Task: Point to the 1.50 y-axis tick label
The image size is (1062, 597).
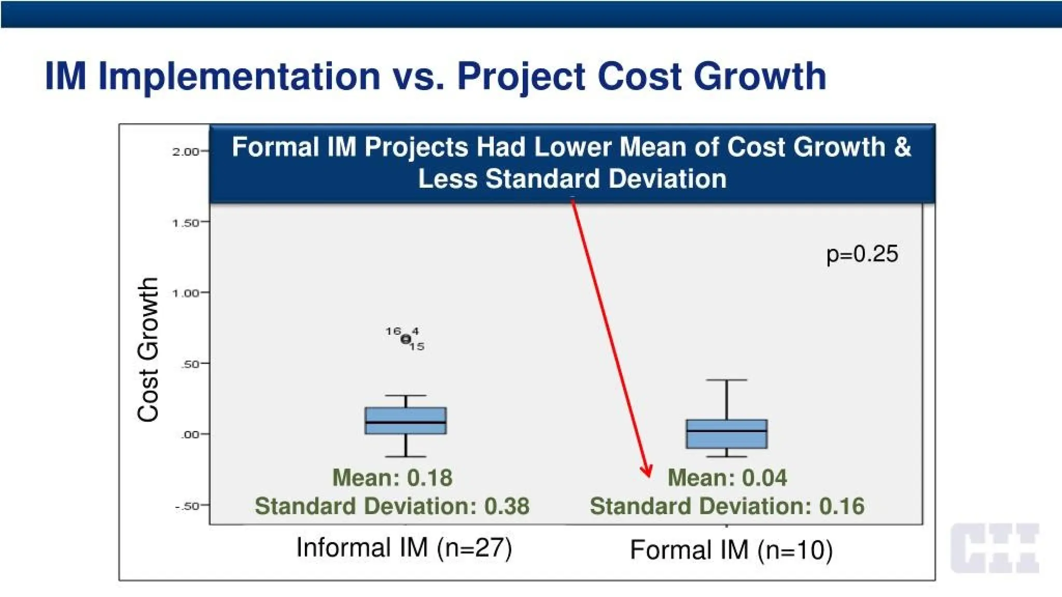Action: pyautogui.click(x=186, y=223)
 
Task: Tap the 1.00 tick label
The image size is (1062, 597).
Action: pyautogui.click(x=186, y=293)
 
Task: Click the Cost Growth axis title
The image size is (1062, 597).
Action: pyautogui.click(x=148, y=349)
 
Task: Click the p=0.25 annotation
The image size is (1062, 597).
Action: pyautogui.click(x=862, y=254)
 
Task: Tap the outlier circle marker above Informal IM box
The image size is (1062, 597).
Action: pyautogui.click(x=406, y=339)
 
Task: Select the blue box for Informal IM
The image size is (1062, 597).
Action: pyautogui.click(x=406, y=420)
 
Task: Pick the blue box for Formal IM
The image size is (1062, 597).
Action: pyautogui.click(x=726, y=434)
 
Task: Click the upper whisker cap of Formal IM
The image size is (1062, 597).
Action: pyautogui.click(x=726, y=380)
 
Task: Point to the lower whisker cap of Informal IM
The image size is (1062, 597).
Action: pyautogui.click(x=406, y=457)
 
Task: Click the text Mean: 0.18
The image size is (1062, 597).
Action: pyautogui.click(x=392, y=477)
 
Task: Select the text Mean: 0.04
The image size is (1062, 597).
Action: pyautogui.click(x=727, y=477)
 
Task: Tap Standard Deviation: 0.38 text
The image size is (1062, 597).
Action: pyautogui.click(x=392, y=506)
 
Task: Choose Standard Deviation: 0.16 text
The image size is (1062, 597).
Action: pyautogui.click(x=727, y=506)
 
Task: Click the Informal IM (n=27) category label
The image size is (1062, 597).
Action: pyautogui.click(x=404, y=548)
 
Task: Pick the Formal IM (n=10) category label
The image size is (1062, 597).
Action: pyautogui.click(x=731, y=550)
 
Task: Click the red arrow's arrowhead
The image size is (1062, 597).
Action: pyautogui.click(x=646, y=471)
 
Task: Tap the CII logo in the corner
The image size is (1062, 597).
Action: pyautogui.click(x=995, y=548)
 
